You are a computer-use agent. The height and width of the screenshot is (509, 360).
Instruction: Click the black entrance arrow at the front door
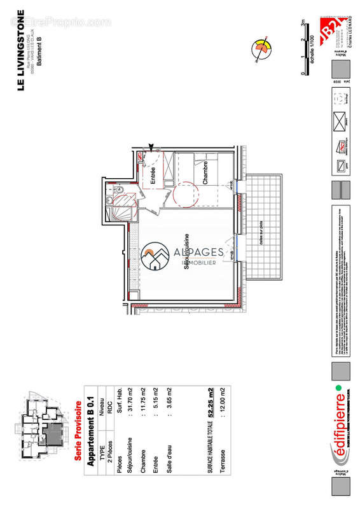tap(151, 148)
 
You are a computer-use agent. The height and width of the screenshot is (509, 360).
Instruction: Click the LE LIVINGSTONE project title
tap(20, 50)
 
